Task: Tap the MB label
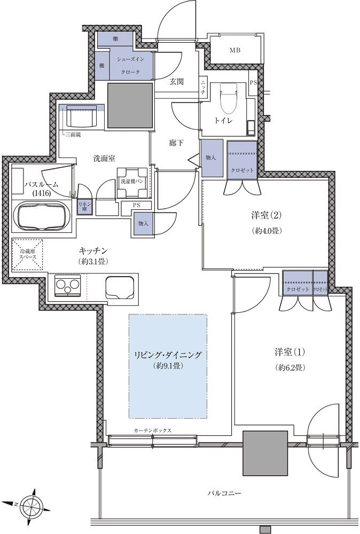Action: click(x=234, y=50)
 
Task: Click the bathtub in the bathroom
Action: click(x=42, y=216)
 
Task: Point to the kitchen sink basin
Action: click(x=119, y=287)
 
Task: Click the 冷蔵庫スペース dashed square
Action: click(x=28, y=254)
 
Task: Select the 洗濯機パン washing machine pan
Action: click(x=132, y=183)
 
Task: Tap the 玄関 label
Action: click(x=177, y=81)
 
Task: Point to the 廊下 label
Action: click(x=176, y=143)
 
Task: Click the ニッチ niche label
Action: click(x=203, y=88)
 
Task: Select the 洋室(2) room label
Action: click(x=265, y=215)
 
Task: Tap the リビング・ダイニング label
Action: click(x=168, y=355)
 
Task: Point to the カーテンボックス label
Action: click(x=152, y=430)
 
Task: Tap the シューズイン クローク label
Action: click(x=130, y=65)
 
